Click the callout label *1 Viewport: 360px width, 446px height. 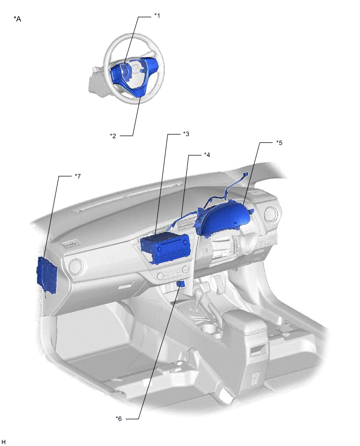tap(157, 16)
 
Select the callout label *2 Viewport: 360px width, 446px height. tap(113, 136)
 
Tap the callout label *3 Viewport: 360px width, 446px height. tap(186, 133)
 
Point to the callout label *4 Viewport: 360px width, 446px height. tap(207, 155)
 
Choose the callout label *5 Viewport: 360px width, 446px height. tap(279, 143)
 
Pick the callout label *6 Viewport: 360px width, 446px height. tap(119, 418)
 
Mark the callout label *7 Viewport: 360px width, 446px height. tap(77, 176)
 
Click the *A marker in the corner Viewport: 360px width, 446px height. tap(17, 19)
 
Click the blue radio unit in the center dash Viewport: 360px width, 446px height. tap(165, 248)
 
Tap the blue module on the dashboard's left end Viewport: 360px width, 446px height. tap(47, 274)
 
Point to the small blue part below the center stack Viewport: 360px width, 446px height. tap(181, 283)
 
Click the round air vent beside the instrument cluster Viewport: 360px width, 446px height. tap(271, 215)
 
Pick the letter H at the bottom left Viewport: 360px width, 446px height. tap(4, 442)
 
